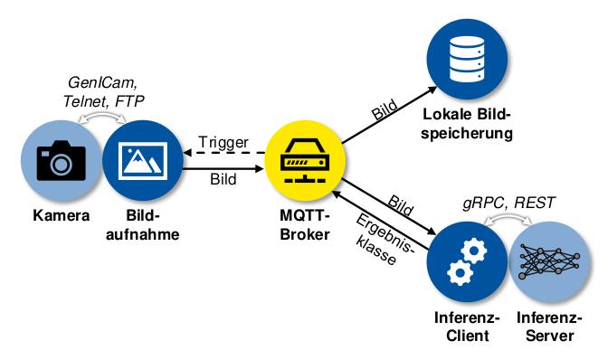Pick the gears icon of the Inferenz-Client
coord(464,262)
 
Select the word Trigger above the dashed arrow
coord(223,142)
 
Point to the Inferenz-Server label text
coord(545,327)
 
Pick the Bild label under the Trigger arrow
coord(223,179)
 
